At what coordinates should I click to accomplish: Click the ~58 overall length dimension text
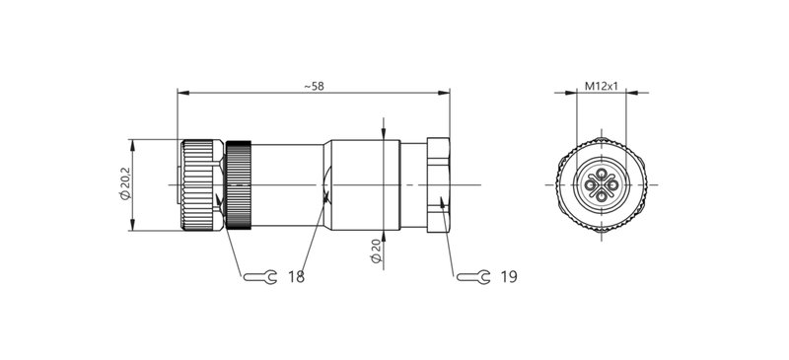pos(314,86)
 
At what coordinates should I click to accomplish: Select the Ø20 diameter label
pos(376,251)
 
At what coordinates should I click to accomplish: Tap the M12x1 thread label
pos(601,86)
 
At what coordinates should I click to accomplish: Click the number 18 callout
pos(296,277)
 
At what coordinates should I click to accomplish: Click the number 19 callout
pos(508,277)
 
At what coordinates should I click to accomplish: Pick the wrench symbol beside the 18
pos(258,277)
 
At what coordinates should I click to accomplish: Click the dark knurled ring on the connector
pos(238,185)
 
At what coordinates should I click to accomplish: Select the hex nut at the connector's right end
pos(437,184)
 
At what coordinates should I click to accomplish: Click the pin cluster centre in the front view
pos(601,185)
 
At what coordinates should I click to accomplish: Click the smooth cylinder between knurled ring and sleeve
pos(288,184)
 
